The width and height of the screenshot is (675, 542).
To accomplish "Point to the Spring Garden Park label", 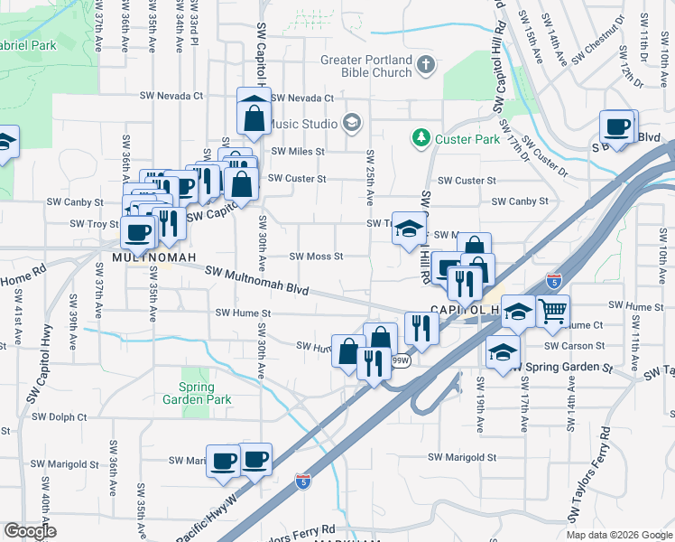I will tap(198, 394).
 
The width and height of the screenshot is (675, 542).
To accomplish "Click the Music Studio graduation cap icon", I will tap(352, 122).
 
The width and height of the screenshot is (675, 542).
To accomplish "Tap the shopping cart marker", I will tap(552, 313).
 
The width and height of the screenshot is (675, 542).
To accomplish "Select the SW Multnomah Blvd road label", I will tap(257, 281).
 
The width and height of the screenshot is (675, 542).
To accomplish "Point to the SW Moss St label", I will tap(316, 256).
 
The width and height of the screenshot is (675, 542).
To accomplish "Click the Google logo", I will tap(30, 531).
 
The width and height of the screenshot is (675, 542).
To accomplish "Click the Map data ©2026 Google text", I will tap(618, 535).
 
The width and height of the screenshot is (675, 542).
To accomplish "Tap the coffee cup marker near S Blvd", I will tap(618, 127).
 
